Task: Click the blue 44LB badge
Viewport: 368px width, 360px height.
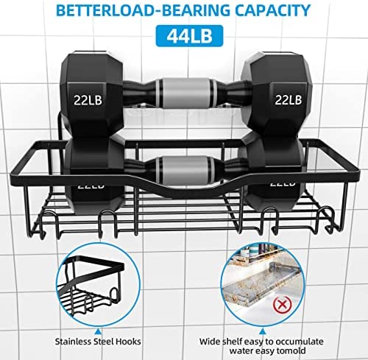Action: click(x=189, y=36)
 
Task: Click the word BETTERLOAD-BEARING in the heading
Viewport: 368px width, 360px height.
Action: click(x=143, y=10)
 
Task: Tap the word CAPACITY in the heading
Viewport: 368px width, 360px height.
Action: click(x=273, y=10)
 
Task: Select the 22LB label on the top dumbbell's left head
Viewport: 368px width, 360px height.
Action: click(x=88, y=100)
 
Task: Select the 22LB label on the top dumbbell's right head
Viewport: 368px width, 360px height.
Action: click(x=288, y=99)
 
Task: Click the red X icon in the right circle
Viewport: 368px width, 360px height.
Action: click(x=283, y=304)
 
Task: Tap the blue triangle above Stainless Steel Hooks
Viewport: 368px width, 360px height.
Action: click(x=98, y=332)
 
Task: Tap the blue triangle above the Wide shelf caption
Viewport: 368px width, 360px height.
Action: click(x=263, y=332)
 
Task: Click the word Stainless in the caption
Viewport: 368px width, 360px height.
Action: click(x=72, y=342)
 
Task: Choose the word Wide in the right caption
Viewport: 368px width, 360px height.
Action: click(x=210, y=342)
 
